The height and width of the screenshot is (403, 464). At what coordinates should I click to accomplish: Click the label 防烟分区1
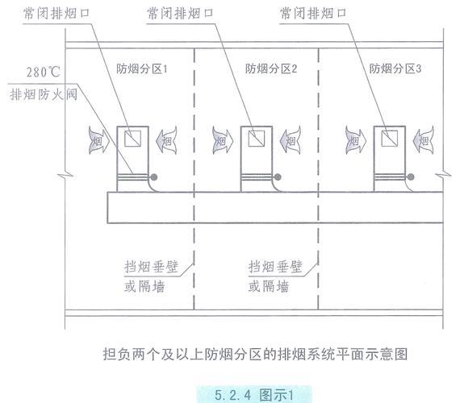[x=142, y=69]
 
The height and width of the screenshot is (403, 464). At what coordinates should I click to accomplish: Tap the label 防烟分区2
[x=271, y=69]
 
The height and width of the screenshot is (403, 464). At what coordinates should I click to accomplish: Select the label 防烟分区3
[x=395, y=69]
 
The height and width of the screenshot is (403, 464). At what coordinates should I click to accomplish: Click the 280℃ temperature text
[x=44, y=73]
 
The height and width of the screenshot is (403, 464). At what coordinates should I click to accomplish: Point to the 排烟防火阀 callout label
[x=44, y=94]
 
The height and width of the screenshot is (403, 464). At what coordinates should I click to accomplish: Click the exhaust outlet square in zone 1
[x=132, y=139]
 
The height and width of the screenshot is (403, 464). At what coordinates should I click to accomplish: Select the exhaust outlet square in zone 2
[x=257, y=139]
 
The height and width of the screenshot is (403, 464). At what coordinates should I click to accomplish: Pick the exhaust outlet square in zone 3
[x=390, y=139]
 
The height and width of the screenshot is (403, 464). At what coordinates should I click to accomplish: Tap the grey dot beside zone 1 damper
[x=154, y=177]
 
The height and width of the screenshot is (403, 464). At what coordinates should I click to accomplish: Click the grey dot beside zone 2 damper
[x=278, y=177]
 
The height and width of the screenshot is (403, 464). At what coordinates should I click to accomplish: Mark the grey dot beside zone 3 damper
[x=411, y=177]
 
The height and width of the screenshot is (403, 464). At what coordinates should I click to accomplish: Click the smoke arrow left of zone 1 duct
[x=99, y=140]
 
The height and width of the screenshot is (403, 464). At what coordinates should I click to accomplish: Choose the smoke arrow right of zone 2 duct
[x=291, y=140]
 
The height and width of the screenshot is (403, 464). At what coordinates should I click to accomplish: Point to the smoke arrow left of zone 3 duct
[x=356, y=140]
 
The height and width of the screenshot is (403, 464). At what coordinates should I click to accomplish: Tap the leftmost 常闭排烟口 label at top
[x=56, y=14]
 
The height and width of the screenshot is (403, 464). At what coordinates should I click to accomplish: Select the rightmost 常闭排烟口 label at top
[x=313, y=14]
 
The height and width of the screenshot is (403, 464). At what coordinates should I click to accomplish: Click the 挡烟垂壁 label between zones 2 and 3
[x=275, y=267]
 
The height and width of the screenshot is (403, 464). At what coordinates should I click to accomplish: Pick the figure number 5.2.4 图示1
[x=254, y=395]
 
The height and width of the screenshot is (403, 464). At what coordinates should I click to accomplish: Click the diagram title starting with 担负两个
[x=255, y=354]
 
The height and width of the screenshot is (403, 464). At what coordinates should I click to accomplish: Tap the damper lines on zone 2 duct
[x=257, y=177]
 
